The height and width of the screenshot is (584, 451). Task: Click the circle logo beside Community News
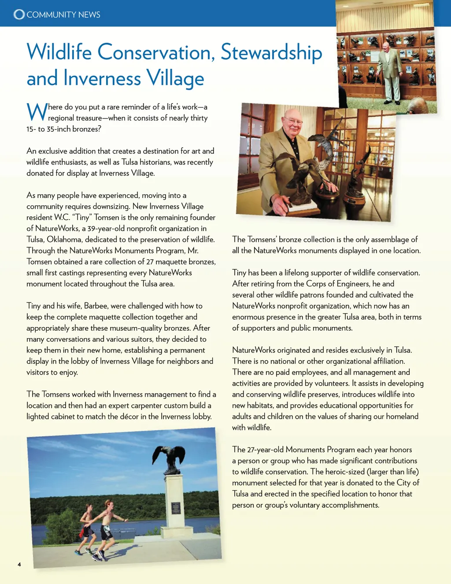(x=19, y=15)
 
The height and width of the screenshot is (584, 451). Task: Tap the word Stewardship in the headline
(x=271, y=52)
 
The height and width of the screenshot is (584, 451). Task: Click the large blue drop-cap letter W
(x=37, y=112)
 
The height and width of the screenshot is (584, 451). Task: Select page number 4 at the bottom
(x=19, y=564)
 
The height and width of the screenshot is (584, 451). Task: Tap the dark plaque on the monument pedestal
(x=176, y=508)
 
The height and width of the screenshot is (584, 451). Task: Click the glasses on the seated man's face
(x=293, y=121)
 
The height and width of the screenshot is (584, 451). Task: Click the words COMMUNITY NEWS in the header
(x=63, y=15)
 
